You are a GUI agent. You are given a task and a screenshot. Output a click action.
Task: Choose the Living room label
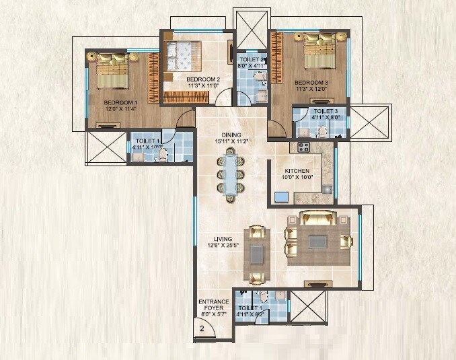click(223, 238)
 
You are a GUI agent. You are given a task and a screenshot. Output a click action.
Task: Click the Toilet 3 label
click(325, 111)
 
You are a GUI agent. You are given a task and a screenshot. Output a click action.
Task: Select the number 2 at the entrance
click(201, 328)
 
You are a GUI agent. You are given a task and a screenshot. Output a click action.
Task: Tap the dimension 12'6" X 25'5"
click(223, 246)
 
